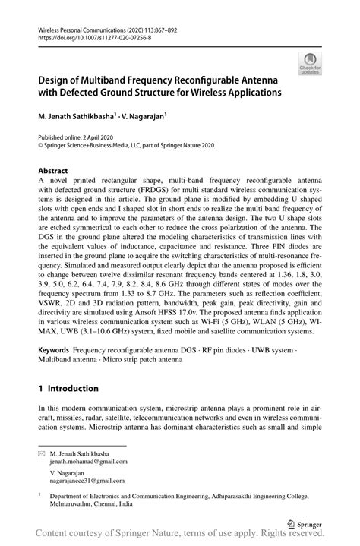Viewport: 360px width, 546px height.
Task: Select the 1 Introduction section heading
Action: pos(68,388)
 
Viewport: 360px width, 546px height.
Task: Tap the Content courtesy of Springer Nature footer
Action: pos(179,536)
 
